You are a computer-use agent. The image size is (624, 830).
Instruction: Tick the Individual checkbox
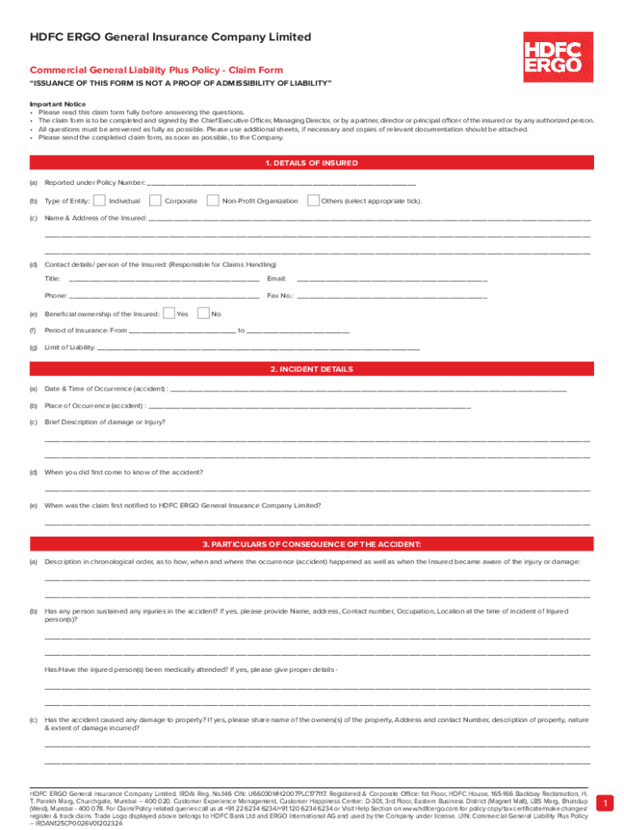pos(99,200)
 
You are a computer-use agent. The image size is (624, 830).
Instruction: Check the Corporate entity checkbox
pos(155,200)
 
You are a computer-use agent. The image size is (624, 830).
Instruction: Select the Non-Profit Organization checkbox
pos(212,200)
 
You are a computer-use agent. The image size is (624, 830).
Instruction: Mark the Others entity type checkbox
pos(313,200)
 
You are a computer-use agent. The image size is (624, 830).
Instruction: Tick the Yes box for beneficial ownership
pos(169,314)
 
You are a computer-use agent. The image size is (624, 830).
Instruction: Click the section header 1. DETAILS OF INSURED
pos(311,163)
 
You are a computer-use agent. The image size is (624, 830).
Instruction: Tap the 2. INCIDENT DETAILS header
pos(311,369)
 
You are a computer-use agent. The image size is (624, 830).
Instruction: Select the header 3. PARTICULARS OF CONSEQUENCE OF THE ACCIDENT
pos(311,543)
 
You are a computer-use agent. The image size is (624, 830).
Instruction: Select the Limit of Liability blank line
pos(259,349)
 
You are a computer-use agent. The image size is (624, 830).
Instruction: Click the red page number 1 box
pos(603,803)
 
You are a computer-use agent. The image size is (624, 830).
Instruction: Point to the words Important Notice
pos(58,105)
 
